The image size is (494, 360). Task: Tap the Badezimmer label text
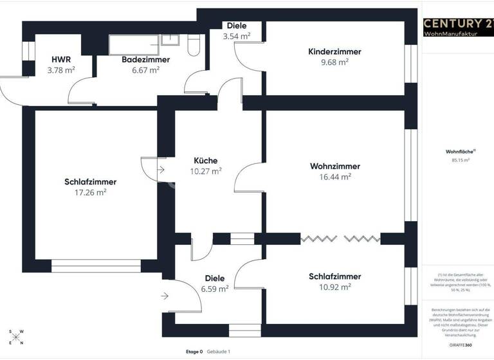coord(145,59)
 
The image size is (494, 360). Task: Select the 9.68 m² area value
coord(334,62)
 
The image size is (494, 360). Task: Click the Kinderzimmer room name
coord(334,51)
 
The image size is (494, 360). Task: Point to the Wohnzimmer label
coord(334,166)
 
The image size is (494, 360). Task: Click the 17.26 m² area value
coord(90,192)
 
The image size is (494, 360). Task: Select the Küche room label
coord(206,161)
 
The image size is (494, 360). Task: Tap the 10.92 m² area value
coord(334,287)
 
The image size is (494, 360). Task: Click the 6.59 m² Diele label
coord(214,289)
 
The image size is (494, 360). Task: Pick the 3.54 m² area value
coord(236,37)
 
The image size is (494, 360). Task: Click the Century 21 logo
coord(458,24)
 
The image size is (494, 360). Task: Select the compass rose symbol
coord(17,337)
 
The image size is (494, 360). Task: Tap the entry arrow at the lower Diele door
coord(165,296)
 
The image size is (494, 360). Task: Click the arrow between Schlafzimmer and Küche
coord(161,170)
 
